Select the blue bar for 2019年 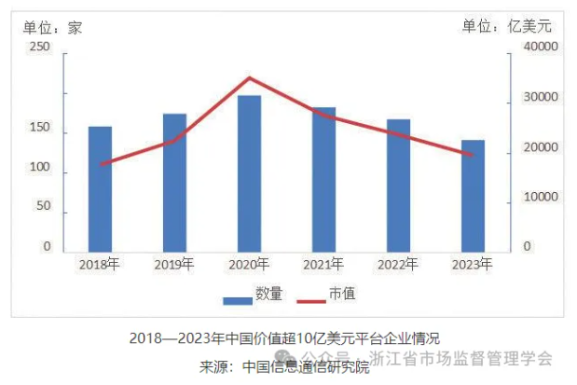pos(175,183)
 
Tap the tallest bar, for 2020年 pos(249,173)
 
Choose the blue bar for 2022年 pos(398,186)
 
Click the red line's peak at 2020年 pos(249,78)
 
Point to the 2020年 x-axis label pos(249,265)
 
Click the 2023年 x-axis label pos(472,265)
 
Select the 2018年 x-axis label pos(101,265)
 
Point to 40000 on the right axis pos(538,47)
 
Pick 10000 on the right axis pos(538,198)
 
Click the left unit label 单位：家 pos(55,27)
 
